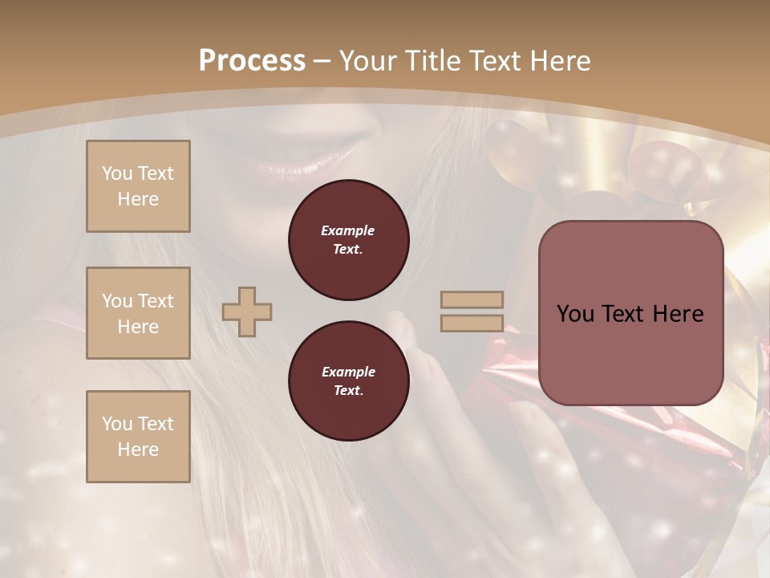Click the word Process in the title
coord(252,61)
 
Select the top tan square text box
coord(138,186)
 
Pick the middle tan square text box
coord(138,313)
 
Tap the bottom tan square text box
coord(138,437)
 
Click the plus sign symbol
coord(247,311)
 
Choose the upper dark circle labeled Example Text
coord(348,239)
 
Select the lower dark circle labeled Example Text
coord(348,381)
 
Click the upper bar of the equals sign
coord(472,300)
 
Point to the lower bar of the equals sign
coord(472,324)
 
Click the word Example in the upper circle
coord(348,230)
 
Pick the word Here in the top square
coord(138,199)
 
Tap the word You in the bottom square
coord(117,424)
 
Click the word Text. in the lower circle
coord(348,390)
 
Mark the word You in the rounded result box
coord(576,314)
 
